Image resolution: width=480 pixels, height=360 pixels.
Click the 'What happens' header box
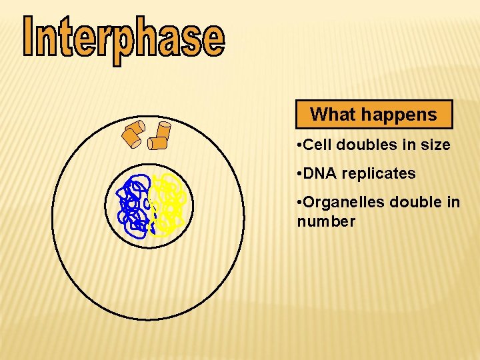pyautogui.click(x=374, y=114)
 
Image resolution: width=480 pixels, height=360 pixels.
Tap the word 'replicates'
pyautogui.click(x=380, y=173)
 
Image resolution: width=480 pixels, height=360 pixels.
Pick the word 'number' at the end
pyautogui.click(x=326, y=221)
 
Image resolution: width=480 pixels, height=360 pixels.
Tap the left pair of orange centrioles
pyautogui.click(x=132, y=134)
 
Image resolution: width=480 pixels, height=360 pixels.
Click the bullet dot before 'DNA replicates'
pyautogui.click(x=300, y=174)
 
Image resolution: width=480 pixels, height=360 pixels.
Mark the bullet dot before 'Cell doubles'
pyautogui.click(x=300, y=145)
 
